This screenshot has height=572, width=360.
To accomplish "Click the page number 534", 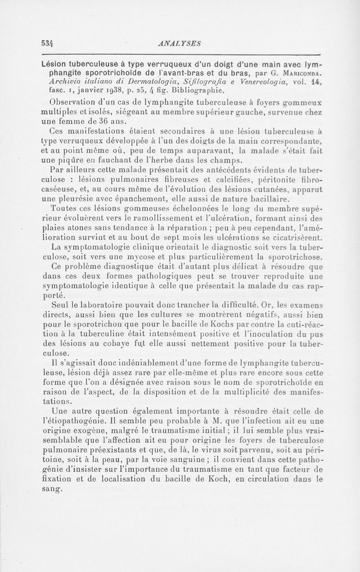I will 47,43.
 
